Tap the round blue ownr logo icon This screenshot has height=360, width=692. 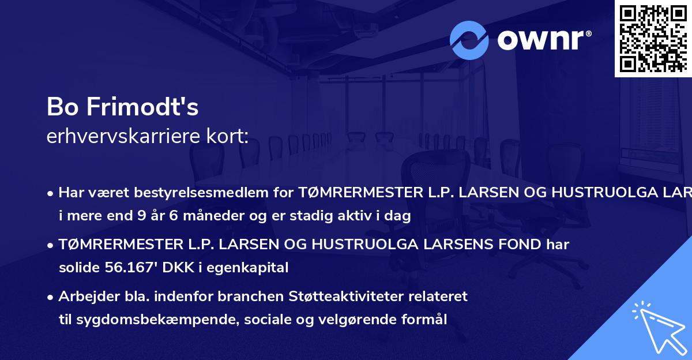pyautogui.click(x=469, y=40)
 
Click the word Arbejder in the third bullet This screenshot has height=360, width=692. pyautogui.click(x=84, y=297)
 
